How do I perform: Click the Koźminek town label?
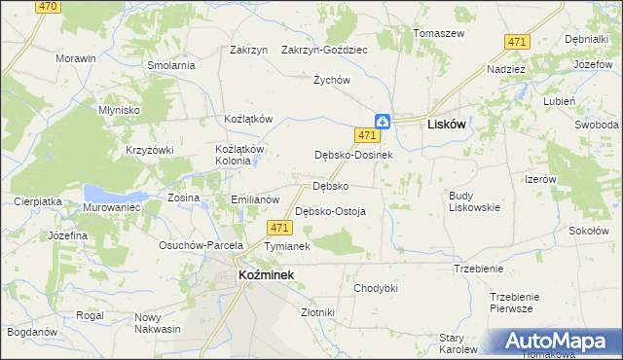pyautogui.click(x=266, y=275)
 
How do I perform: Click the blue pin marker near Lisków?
pyautogui.click(x=385, y=122)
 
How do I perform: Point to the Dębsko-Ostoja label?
pyautogui.click(x=330, y=211)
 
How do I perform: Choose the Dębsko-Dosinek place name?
pyautogui.click(x=352, y=155)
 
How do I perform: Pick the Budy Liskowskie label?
pyautogui.click(x=474, y=201)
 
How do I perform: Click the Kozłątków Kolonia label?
pyautogui.click(x=239, y=155)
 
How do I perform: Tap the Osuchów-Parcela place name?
pyautogui.click(x=201, y=245)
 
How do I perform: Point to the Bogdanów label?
pyautogui.click(x=30, y=332)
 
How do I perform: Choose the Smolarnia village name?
pyautogui.click(x=171, y=65)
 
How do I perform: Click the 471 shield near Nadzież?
pyautogui.click(x=517, y=41)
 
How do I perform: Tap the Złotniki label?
pyautogui.click(x=318, y=312)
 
